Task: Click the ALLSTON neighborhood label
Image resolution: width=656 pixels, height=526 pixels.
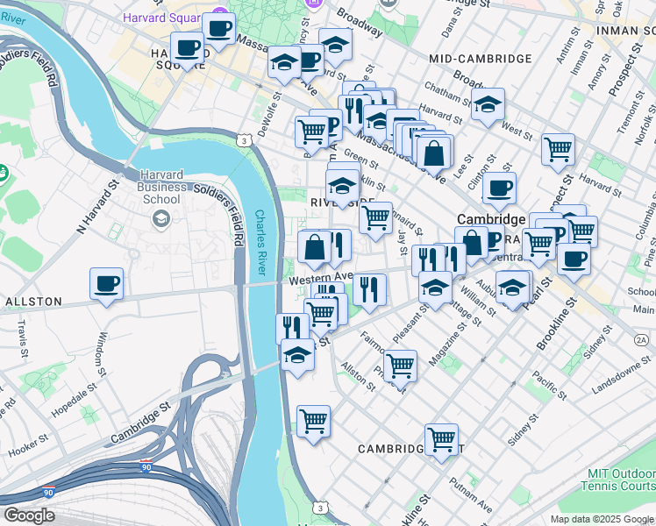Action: [x=33, y=302]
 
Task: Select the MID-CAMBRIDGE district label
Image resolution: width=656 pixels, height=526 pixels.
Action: [x=481, y=59]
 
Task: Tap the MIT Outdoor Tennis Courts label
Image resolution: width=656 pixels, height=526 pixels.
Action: [x=620, y=480]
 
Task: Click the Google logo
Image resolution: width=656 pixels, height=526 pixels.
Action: [x=29, y=515]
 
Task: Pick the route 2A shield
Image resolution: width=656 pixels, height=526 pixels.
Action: [x=641, y=339]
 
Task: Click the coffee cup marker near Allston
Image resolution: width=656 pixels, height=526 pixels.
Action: [x=106, y=284]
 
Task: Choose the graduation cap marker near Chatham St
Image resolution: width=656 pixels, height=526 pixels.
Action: [x=488, y=104]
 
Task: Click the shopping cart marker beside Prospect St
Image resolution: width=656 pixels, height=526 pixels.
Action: [x=558, y=149]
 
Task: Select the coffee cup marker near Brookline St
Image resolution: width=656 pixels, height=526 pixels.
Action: [x=574, y=259]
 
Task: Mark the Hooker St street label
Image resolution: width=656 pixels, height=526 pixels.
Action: [x=32, y=447]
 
